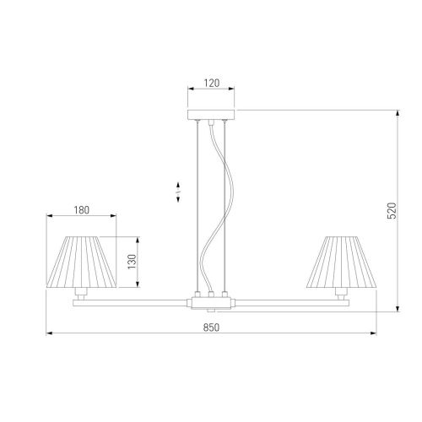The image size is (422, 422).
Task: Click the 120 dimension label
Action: [212, 83]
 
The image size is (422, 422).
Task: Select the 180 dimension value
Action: [82, 210]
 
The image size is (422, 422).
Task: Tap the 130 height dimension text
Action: [132, 262]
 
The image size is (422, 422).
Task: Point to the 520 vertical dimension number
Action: [392, 210]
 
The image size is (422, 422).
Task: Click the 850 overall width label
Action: [211, 327]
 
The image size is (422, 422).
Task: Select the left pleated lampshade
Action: [81, 262]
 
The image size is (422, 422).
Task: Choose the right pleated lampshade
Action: [341, 262]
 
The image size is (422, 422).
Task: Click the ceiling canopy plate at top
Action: [211, 115]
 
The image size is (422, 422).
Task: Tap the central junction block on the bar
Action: [211, 303]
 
